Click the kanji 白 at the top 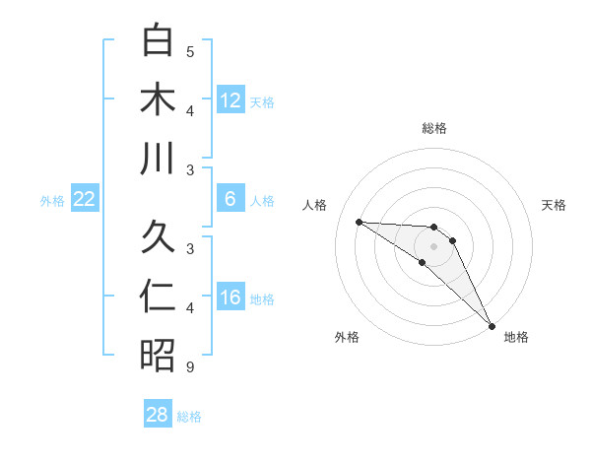point(158,40)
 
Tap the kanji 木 point(158,99)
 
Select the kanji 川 point(158,159)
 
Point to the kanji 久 point(158,237)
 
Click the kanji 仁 point(158,297)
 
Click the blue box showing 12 point(230,100)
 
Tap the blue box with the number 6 point(230,199)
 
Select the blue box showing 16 point(230,298)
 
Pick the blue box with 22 point(85,199)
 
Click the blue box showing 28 point(158,415)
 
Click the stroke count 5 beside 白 point(190,52)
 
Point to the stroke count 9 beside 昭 point(190,367)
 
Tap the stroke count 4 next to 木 point(190,111)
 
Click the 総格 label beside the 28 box point(189,417)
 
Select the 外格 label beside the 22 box point(52,201)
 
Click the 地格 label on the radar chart point(516,338)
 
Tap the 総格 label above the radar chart point(434,128)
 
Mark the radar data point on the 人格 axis point(359,222)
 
